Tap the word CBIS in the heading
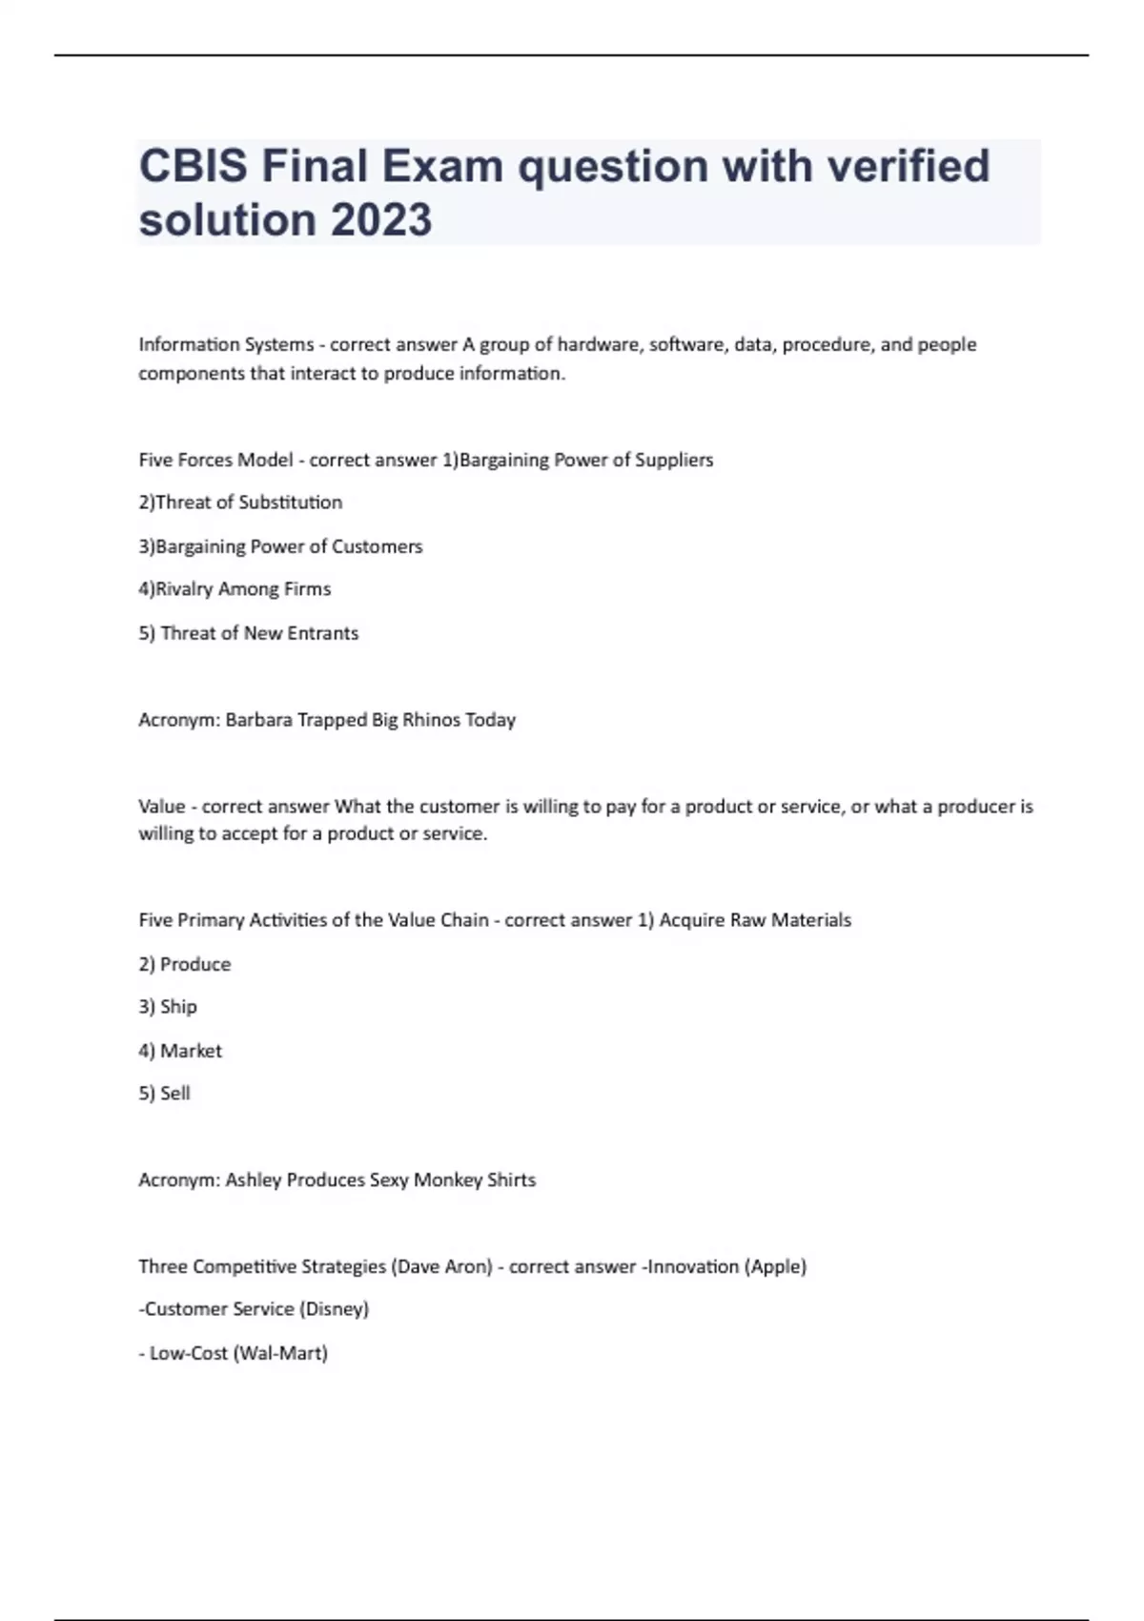coord(194,166)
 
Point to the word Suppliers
coord(674,460)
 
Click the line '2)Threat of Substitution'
coord(240,503)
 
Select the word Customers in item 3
coord(377,546)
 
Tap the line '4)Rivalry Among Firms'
coord(235,589)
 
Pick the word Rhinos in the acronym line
coord(431,720)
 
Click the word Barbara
coord(258,720)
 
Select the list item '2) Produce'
coord(185,964)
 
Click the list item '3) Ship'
coord(168,1007)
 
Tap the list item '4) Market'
coord(180,1051)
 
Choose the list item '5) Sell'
coord(164,1094)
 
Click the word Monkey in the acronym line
coord(447,1180)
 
